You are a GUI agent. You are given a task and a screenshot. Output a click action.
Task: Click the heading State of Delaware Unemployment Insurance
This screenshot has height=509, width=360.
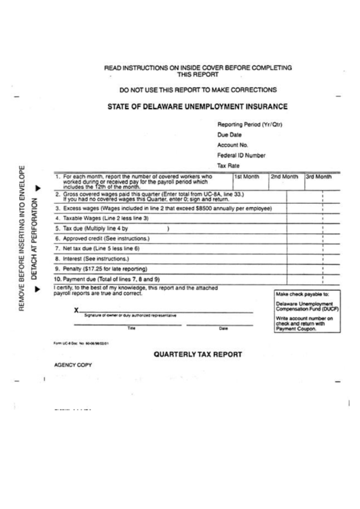198,107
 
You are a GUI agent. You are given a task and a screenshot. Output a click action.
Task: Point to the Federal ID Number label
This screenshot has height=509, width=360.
241,156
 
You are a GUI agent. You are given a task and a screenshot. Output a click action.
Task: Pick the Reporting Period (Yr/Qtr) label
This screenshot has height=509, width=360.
249,125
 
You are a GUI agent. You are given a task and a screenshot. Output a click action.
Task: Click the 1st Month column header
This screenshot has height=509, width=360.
247,177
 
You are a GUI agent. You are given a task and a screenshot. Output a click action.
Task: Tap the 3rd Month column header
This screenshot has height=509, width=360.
319,177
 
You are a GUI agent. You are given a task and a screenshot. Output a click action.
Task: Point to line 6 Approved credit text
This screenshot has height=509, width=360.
102,239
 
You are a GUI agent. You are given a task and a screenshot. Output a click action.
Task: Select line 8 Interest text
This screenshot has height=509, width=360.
96,260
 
